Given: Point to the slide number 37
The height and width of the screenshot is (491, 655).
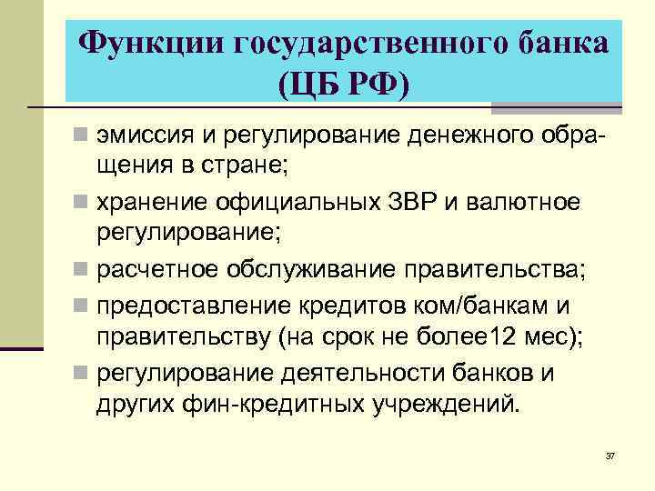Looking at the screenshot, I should point(610,455).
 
